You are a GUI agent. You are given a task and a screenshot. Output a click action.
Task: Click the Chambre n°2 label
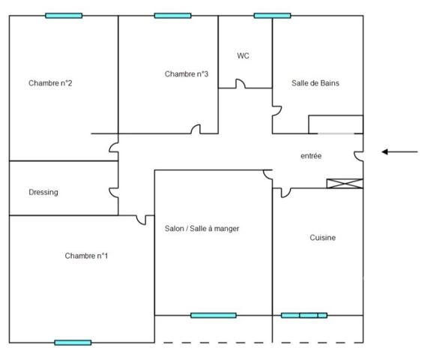click(50, 83)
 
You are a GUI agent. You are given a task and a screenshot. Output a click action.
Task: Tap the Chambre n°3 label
click(187, 74)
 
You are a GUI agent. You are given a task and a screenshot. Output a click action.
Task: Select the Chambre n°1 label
click(87, 256)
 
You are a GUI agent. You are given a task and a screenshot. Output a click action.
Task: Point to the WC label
click(243, 56)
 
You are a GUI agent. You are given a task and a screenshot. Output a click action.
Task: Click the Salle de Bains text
click(315, 83)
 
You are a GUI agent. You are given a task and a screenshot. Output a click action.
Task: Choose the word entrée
click(311, 156)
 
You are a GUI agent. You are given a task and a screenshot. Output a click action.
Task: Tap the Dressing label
click(43, 193)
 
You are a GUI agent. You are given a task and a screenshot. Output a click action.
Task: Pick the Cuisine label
click(323, 238)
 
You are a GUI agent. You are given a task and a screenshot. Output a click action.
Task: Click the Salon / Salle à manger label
click(202, 229)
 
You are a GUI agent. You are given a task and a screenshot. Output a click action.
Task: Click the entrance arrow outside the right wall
click(399, 152)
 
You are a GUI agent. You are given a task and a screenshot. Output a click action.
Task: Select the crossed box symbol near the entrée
click(345, 184)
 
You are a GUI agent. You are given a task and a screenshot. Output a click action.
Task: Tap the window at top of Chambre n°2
click(64, 16)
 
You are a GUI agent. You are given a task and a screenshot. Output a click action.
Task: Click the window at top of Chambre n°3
click(172, 16)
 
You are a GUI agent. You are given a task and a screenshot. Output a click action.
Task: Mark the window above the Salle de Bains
click(272, 16)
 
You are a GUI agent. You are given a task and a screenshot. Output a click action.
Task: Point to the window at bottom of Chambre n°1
click(73, 343)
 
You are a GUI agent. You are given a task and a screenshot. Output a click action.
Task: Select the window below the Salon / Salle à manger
click(213, 316)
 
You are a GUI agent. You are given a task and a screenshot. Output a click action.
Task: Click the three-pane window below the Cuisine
click(304, 316)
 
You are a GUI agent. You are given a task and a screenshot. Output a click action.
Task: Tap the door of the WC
click(240, 84)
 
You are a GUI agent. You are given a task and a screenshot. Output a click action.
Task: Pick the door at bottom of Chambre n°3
click(196, 130)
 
